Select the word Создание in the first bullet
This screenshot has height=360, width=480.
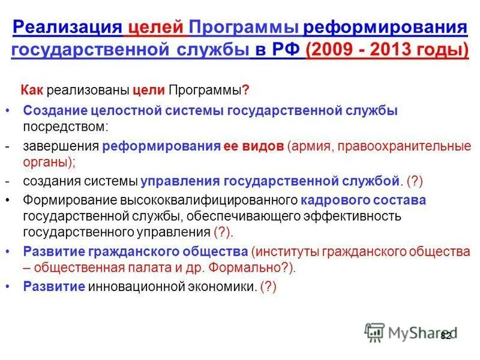pyautogui.click(x=55, y=110)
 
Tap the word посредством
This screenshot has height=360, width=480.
pyautogui.click(x=65, y=127)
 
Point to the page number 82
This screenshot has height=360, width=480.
pyautogui.click(x=446, y=335)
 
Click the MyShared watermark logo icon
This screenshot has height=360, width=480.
pyautogui.click(x=374, y=332)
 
